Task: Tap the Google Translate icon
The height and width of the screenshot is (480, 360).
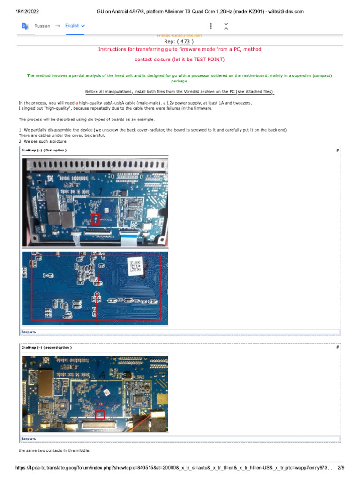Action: point(25,26)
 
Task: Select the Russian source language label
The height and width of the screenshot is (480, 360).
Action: point(42,26)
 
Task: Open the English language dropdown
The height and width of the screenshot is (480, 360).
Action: point(75,26)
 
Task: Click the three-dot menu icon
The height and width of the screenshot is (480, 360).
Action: point(211,26)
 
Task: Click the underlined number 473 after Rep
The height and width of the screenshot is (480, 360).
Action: point(185,41)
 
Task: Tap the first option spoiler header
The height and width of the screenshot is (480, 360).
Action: point(45,150)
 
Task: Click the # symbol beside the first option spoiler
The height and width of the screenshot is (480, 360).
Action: point(337,150)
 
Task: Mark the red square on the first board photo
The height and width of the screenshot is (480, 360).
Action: point(95,218)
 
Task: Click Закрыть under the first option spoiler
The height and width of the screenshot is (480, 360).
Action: point(28,332)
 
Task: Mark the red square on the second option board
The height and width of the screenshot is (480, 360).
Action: point(99,414)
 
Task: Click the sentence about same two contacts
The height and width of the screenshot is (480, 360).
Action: point(54,450)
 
